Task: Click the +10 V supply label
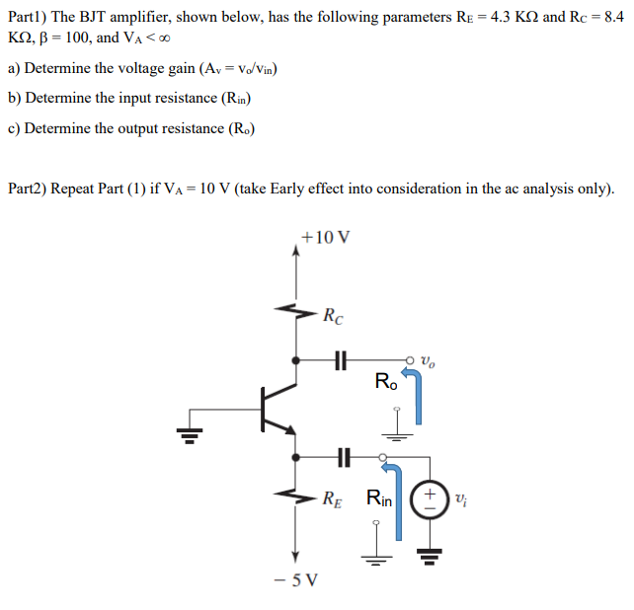(325, 237)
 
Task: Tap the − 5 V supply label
(294, 578)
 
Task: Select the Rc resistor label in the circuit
(334, 316)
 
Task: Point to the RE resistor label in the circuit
(334, 497)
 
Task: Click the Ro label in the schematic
(388, 380)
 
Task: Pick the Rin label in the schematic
(379, 498)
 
